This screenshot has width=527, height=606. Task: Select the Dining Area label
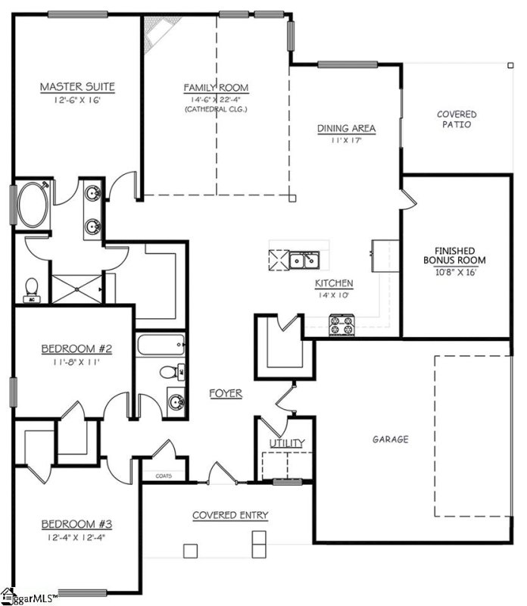click(x=347, y=128)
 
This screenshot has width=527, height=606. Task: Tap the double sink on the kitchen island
click(x=306, y=261)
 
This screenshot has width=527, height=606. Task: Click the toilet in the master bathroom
click(x=33, y=289)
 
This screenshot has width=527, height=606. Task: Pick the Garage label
click(x=390, y=439)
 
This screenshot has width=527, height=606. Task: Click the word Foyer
click(x=226, y=393)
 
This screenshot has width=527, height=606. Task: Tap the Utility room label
click(x=287, y=443)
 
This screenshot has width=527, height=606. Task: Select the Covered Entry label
click(x=229, y=515)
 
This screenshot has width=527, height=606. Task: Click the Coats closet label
click(x=164, y=476)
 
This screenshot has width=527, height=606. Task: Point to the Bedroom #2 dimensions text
click(x=76, y=362)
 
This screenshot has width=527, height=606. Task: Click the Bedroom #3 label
click(x=76, y=524)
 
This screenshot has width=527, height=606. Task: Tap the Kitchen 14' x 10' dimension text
click(x=334, y=295)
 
